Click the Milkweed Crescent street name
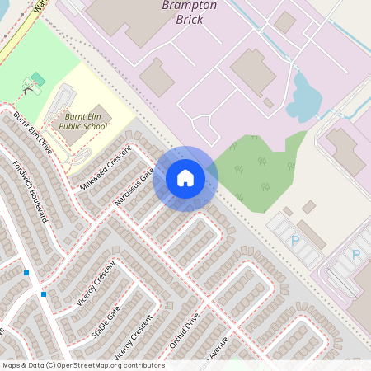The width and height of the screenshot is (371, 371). tap(106, 167)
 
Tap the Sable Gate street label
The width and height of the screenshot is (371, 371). tap(106, 322)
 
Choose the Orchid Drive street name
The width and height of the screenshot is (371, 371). tap(185, 328)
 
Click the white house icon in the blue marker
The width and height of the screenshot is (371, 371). tap(185, 177)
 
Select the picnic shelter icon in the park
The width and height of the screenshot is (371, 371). tap(34, 82)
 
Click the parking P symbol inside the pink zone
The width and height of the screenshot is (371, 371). tap(356, 255)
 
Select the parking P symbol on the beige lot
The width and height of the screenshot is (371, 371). tap(295, 241)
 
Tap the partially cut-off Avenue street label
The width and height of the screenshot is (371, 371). tap(218, 347)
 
